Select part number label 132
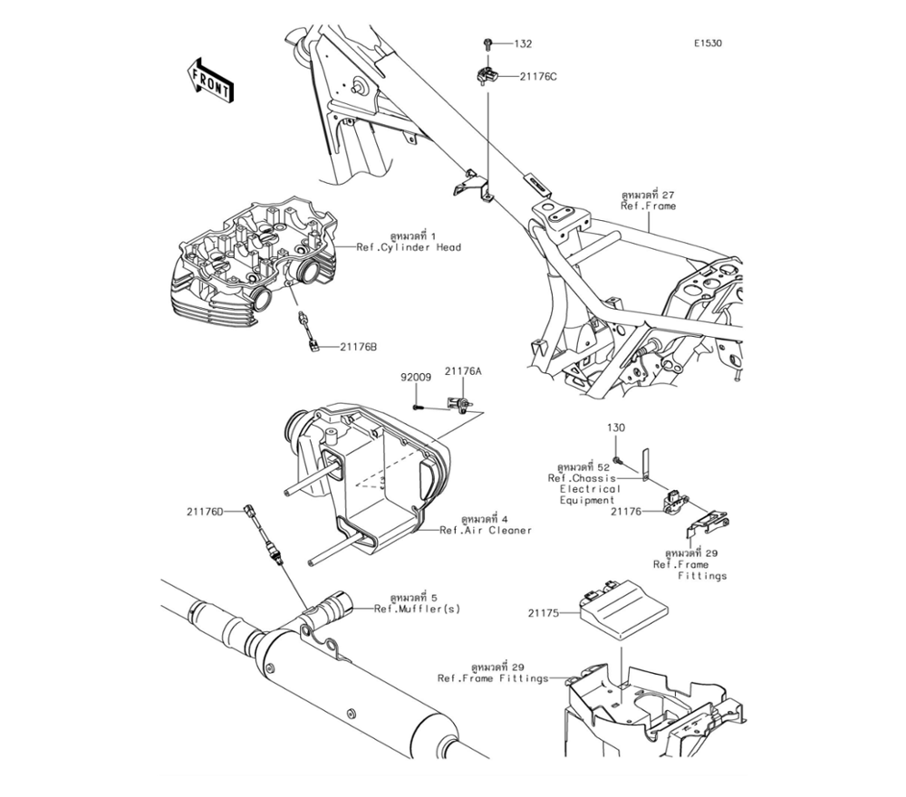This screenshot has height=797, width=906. (524, 43)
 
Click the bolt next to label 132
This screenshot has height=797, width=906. (487, 43)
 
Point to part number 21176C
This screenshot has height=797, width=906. (538, 76)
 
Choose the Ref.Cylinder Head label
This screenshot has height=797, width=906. (409, 247)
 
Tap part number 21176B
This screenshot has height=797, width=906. (360, 347)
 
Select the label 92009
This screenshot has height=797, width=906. (414, 376)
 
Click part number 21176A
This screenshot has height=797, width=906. (463, 371)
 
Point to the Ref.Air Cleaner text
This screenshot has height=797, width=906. (486, 530)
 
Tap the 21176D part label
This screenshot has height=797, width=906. (206, 512)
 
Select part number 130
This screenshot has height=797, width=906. (616, 427)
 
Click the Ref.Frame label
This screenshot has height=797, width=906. (648, 206)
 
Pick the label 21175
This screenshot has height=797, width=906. (545, 612)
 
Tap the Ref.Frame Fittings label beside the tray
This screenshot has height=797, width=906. (493, 677)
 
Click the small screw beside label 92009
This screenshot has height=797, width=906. (416, 408)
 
